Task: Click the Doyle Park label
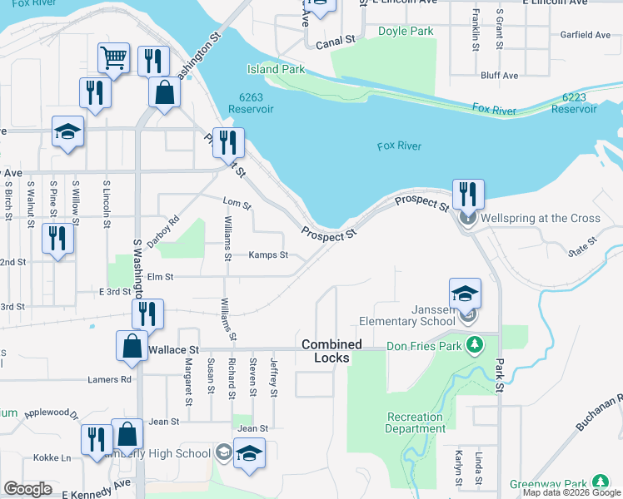406,32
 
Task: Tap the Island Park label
276,70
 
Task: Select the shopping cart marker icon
113,57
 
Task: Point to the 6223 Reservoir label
574,103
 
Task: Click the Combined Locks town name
331,350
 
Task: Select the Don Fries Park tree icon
474,343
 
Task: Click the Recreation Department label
414,422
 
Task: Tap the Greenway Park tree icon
600,482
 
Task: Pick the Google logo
27,488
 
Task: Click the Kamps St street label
268,255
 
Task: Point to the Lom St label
237,202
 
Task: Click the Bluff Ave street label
499,76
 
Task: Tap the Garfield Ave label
586,35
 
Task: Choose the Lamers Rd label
109,379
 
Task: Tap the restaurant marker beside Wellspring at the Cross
468,195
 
